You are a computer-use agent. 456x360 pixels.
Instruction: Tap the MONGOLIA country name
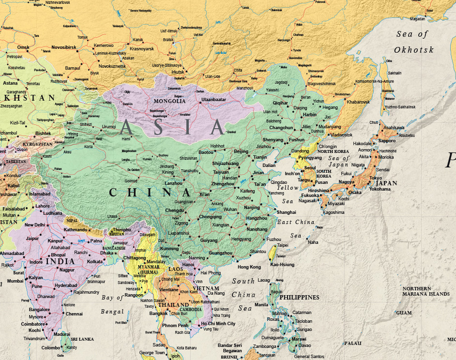pyautogui.click(x=169, y=101)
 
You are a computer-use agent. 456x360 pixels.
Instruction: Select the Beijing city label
pyautogui.click(x=241, y=151)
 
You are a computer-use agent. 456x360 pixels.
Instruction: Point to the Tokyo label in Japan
pyautogui.click(x=376, y=178)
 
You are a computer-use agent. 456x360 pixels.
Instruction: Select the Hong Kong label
pyautogui.click(x=249, y=267)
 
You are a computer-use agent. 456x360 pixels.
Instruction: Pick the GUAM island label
pyautogui.click(x=404, y=313)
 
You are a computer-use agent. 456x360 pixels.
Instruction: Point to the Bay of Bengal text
pyautogui.click(x=112, y=304)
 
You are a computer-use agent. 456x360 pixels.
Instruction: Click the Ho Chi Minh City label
pyautogui.click(x=218, y=324)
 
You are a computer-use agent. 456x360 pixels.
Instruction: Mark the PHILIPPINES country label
pyautogui.click(x=299, y=297)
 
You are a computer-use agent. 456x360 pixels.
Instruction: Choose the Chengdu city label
pyautogui.click(x=174, y=210)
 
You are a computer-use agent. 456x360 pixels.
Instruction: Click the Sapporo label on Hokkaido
pyautogui.click(x=387, y=140)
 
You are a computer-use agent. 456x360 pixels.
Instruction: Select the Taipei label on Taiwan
pyautogui.click(x=283, y=245)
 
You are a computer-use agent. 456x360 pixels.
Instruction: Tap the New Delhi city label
pyautogui.click(x=35, y=225)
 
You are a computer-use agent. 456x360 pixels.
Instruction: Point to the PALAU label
pyautogui.click(x=353, y=343)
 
